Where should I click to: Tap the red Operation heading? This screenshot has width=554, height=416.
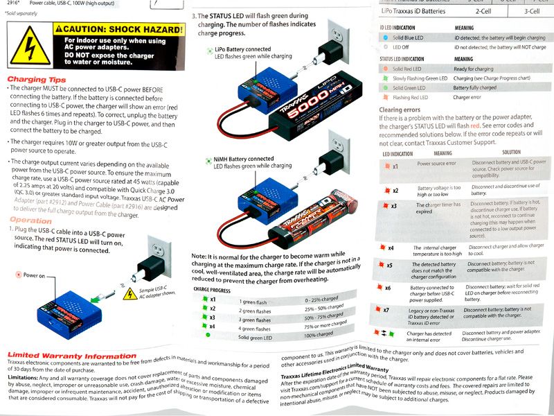pos(30,220)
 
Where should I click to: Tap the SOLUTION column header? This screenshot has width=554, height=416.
pos(511,153)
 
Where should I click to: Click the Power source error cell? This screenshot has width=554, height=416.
pos(436,164)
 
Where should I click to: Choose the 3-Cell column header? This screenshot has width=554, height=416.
pos(532,12)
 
